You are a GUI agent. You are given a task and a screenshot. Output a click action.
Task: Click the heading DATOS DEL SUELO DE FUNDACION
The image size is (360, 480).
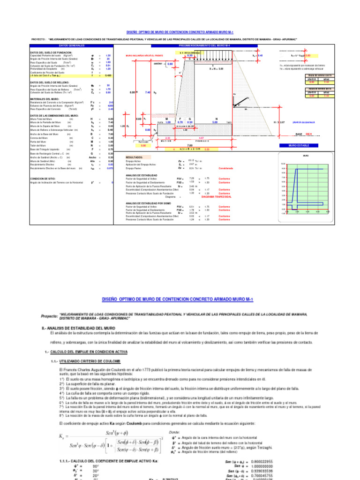(52, 52)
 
